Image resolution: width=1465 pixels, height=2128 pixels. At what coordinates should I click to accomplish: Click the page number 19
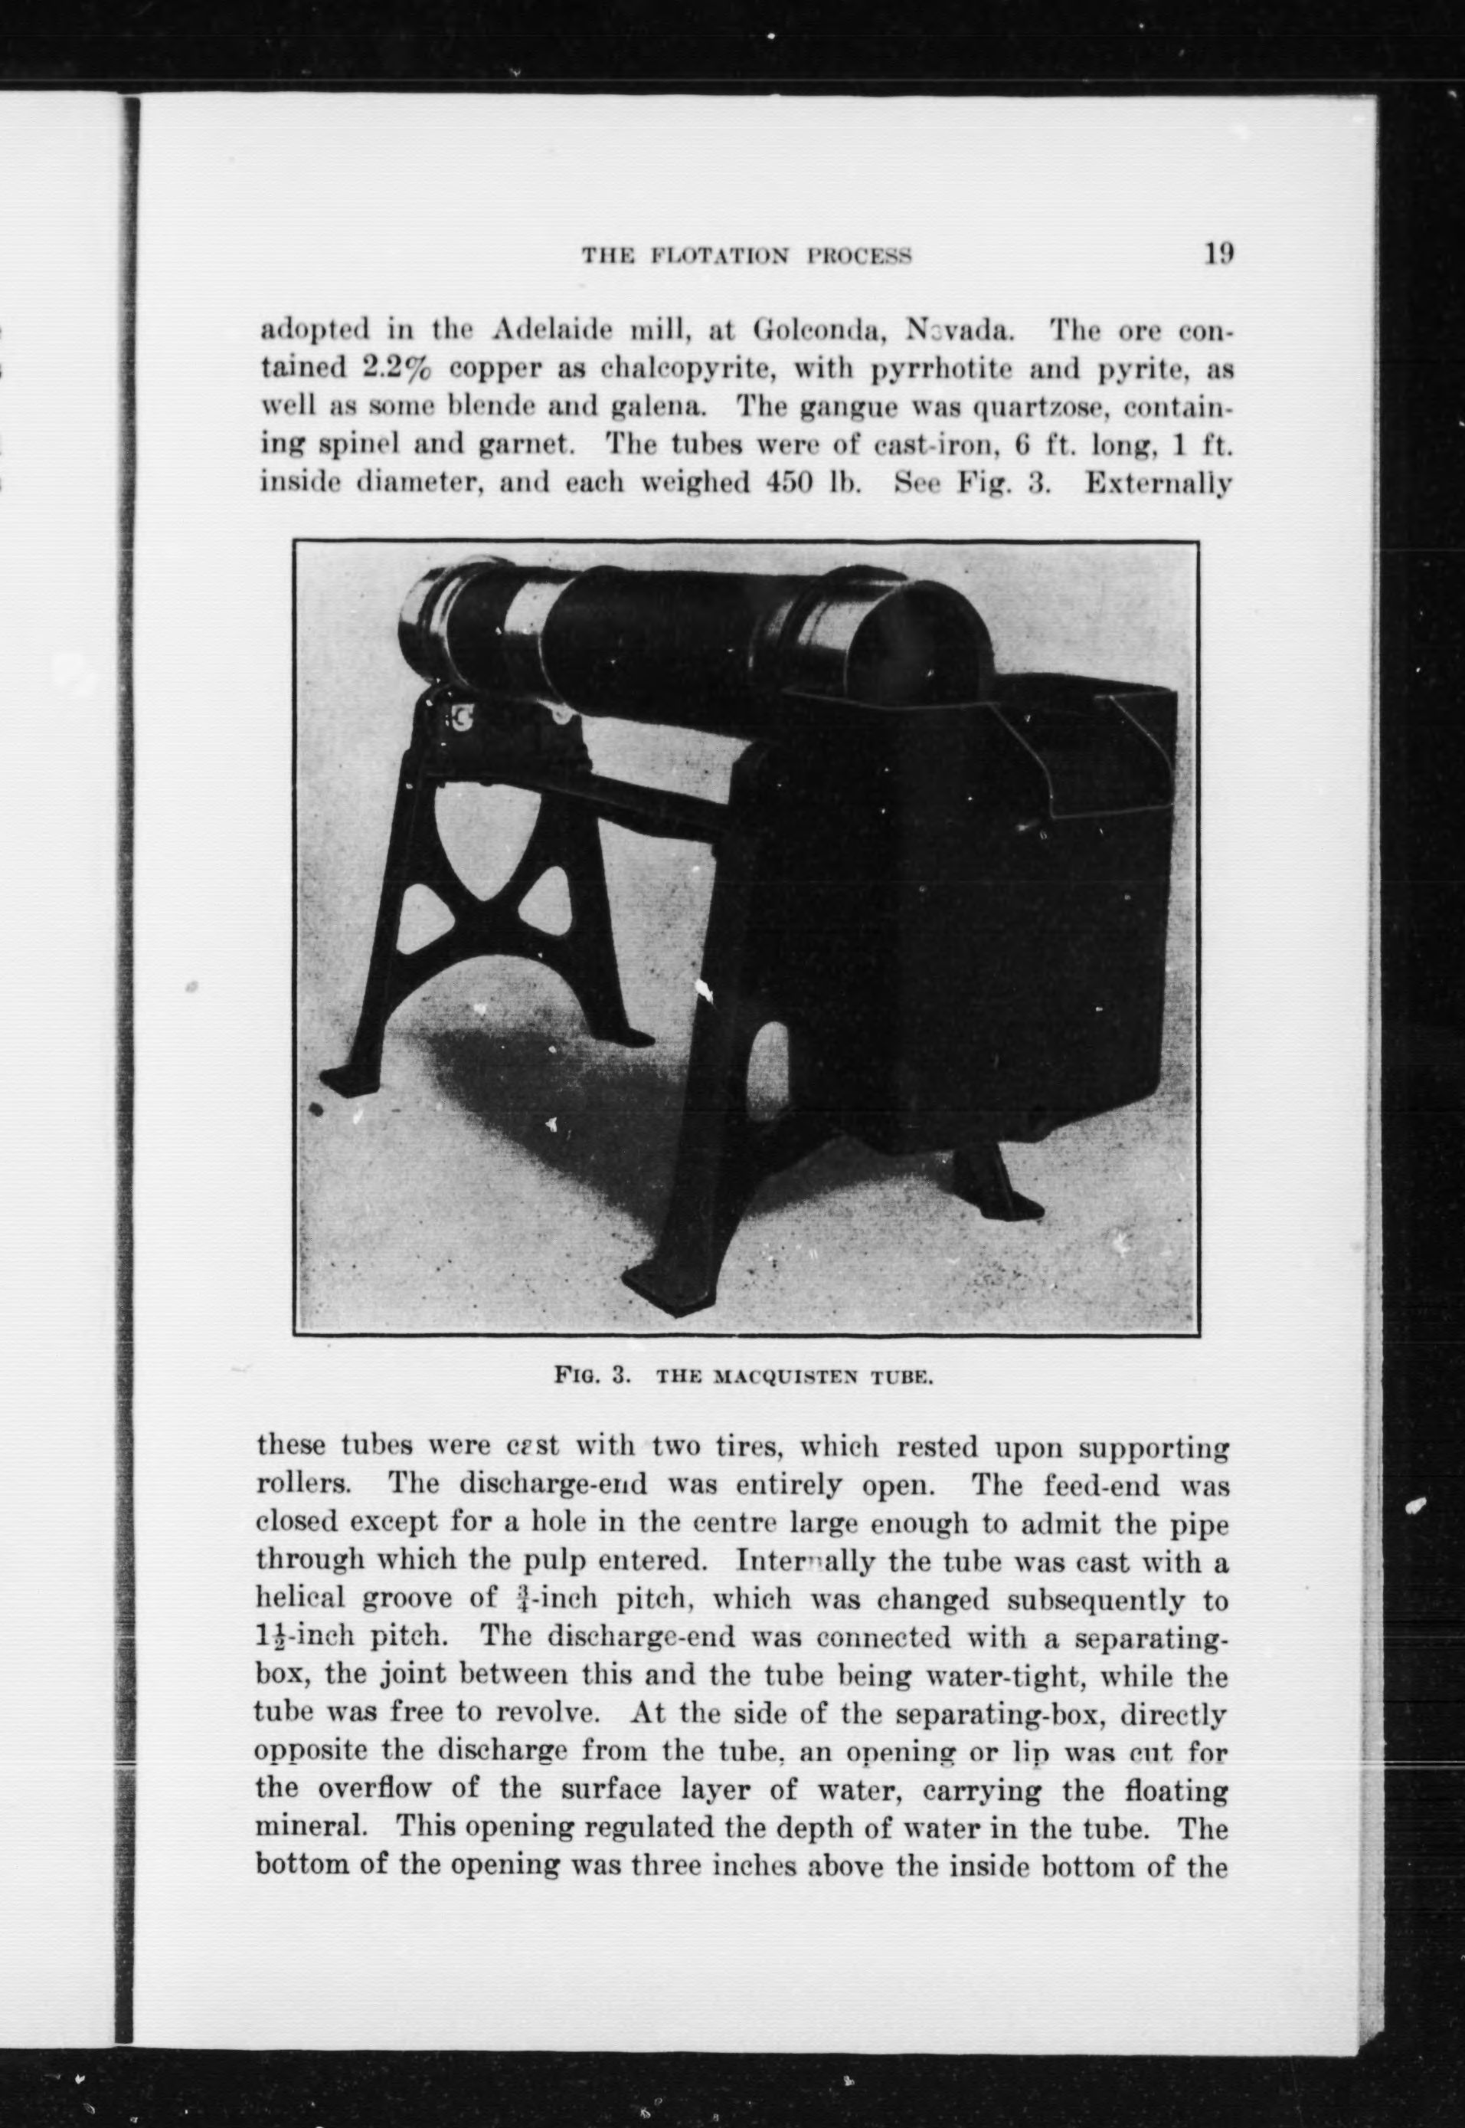(x=1218, y=254)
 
